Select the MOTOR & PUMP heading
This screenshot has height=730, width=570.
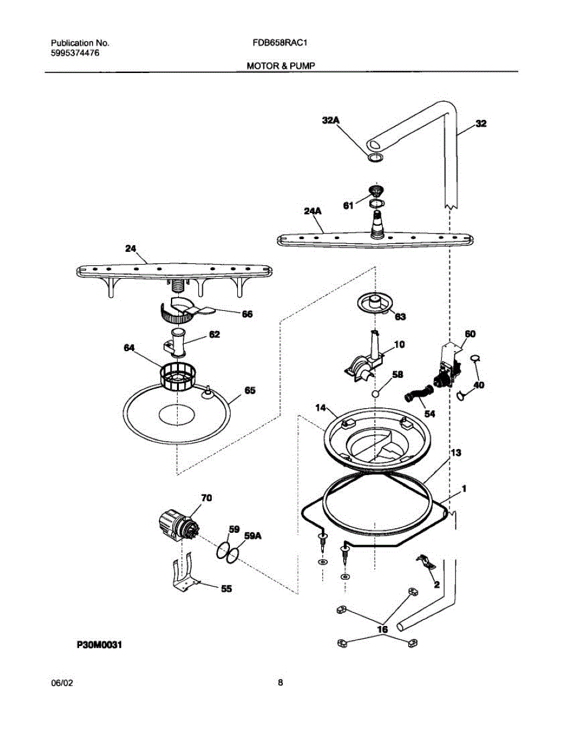[280, 65]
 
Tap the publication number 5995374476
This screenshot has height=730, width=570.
[75, 54]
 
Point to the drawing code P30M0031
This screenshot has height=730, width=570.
[100, 644]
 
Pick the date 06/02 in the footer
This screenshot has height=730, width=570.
[62, 683]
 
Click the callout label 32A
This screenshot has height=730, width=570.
[331, 121]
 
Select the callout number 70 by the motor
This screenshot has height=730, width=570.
[206, 498]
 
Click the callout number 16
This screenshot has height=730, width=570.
[382, 630]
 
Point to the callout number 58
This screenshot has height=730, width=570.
[397, 375]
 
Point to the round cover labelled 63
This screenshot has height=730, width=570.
[375, 302]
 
